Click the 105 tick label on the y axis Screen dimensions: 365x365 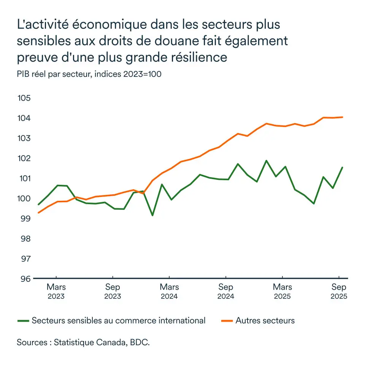pyautogui.click(x=24, y=98)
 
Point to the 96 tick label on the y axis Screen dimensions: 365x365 pyautogui.click(x=24, y=279)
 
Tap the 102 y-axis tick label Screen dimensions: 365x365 pyautogui.click(x=24, y=158)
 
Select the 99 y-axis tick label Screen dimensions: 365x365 pyautogui.click(x=24, y=219)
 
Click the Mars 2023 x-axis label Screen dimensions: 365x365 pyautogui.click(x=56, y=291)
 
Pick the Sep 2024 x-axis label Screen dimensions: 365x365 pyautogui.click(x=226, y=291)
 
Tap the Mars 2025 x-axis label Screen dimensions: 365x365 pyautogui.click(x=282, y=291)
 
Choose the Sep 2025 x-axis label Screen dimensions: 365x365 pyautogui.click(x=339, y=291)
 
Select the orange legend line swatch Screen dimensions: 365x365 pyautogui.click(x=227, y=321)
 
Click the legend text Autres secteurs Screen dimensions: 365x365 pyautogui.click(x=265, y=321)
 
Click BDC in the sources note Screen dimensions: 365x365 pyautogui.click(x=140, y=342)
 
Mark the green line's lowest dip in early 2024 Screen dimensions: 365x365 pyautogui.click(x=152, y=216)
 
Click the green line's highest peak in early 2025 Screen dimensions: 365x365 pyautogui.click(x=266, y=160)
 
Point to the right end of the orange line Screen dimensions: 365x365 pyautogui.click(x=343, y=117)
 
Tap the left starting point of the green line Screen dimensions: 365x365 pyautogui.click(x=38, y=205)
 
